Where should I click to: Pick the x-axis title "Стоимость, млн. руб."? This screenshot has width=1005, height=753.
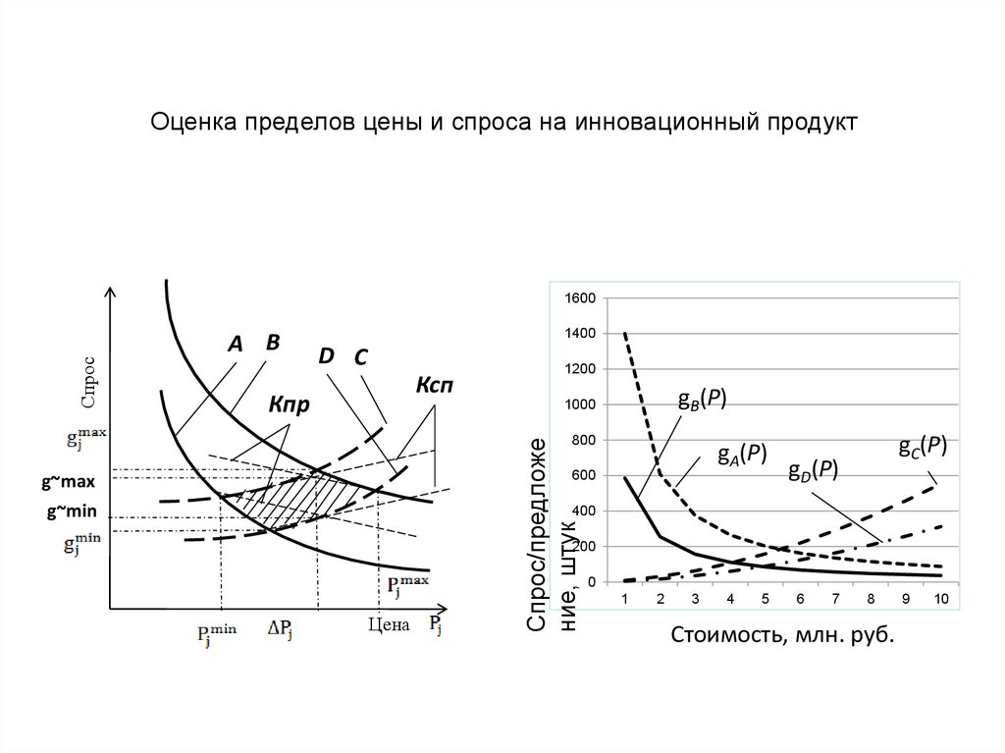[782, 634]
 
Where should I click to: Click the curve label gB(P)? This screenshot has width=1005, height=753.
[702, 398]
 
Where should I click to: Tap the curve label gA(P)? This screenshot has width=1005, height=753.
[741, 454]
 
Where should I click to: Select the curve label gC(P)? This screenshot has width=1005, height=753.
[923, 446]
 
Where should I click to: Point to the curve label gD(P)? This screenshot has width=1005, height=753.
[813, 470]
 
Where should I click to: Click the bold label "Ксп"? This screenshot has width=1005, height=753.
[435, 386]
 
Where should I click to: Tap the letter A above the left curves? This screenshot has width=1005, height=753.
[235, 345]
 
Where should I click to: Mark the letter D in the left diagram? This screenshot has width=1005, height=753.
[326, 355]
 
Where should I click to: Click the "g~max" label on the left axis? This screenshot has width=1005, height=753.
[68, 483]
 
